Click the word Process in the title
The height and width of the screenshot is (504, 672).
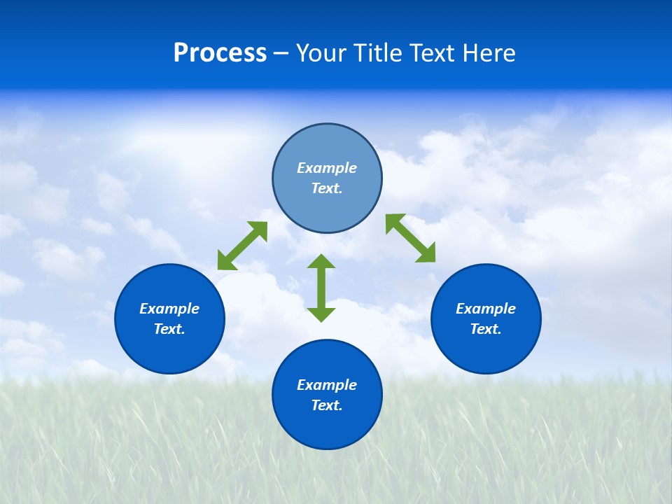(220, 53)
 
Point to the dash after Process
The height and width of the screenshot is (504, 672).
(281, 55)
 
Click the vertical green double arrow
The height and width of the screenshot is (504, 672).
(321, 288)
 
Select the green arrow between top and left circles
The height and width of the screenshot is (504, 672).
(243, 246)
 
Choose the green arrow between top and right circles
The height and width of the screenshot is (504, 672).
(411, 238)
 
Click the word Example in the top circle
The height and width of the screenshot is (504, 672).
(327, 168)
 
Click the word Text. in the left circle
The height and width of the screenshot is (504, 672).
(169, 329)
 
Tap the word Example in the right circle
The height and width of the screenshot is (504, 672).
(486, 309)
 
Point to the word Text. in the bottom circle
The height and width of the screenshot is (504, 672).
(327, 405)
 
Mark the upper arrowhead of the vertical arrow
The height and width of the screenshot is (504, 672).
(321, 262)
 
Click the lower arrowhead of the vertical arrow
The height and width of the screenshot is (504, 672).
(321, 314)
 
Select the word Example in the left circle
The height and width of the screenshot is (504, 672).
(169, 309)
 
